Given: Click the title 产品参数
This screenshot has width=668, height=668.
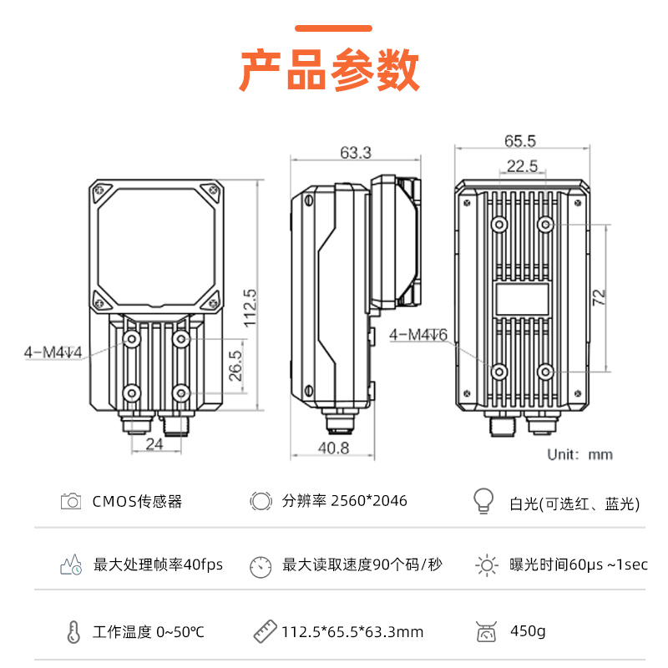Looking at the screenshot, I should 330,70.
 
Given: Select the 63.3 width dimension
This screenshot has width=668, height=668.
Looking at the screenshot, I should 356,153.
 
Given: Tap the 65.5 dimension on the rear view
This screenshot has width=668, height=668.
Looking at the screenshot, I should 519,141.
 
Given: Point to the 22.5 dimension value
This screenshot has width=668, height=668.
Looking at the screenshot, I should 522,166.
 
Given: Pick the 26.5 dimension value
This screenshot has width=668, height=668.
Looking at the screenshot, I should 235,366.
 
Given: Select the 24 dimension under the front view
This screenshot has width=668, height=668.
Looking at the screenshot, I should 154,444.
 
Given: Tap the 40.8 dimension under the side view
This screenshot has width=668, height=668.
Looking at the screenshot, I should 333,448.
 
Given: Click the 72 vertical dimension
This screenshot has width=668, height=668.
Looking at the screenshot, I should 599,297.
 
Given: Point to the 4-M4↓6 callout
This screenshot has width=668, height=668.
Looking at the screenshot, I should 418,335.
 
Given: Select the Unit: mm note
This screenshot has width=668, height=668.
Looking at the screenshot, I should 579,455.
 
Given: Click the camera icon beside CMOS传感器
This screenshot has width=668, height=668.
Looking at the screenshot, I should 71,501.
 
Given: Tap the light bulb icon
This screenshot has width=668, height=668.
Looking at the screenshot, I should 483,501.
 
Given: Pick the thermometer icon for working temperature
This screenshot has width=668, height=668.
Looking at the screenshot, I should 73,631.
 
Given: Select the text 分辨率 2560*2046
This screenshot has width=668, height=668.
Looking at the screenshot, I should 345,501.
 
